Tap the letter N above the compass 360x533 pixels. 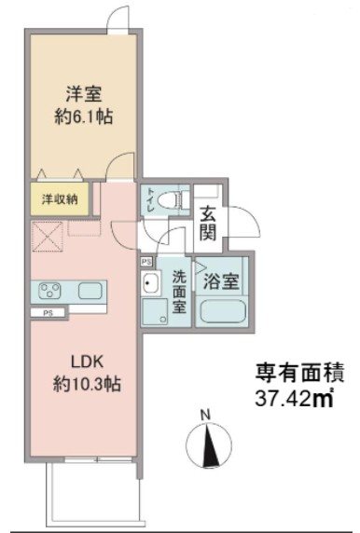click(x=211, y=414)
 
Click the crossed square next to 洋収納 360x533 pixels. click(x=48, y=237)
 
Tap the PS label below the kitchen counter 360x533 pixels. click(x=46, y=314)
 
